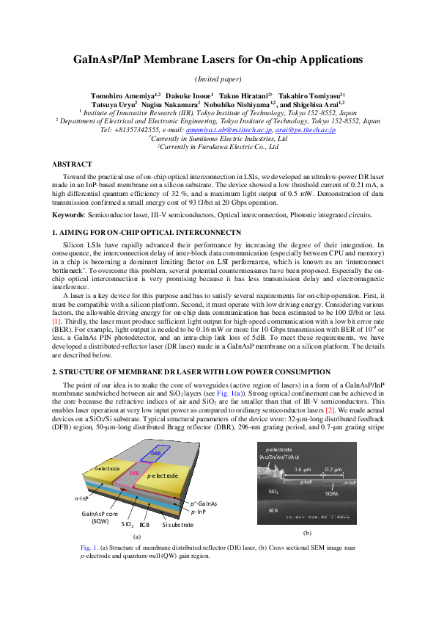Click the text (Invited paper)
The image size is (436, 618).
pyautogui.click(x=218, y=79)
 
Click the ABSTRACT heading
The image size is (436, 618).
pyautogui.click(x=72, y=164)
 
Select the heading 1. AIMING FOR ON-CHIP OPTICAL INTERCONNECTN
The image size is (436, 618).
pyautogui.click(x=146, y=232)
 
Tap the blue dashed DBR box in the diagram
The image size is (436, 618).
pyautogui.click(x=155, y=454)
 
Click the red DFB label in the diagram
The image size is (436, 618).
pyautogui.click(x=133, y=473)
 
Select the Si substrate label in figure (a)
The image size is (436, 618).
pyautogui.click(x=177, y=525)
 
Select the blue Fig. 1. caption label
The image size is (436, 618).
pyautogui.click(x=89, y=548)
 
